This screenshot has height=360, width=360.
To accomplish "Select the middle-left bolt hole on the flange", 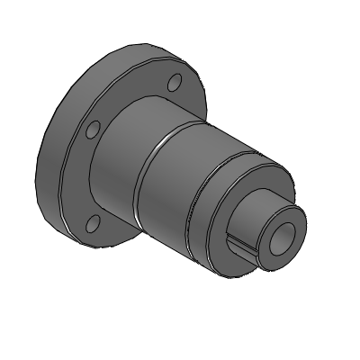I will (x=91, y=131).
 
